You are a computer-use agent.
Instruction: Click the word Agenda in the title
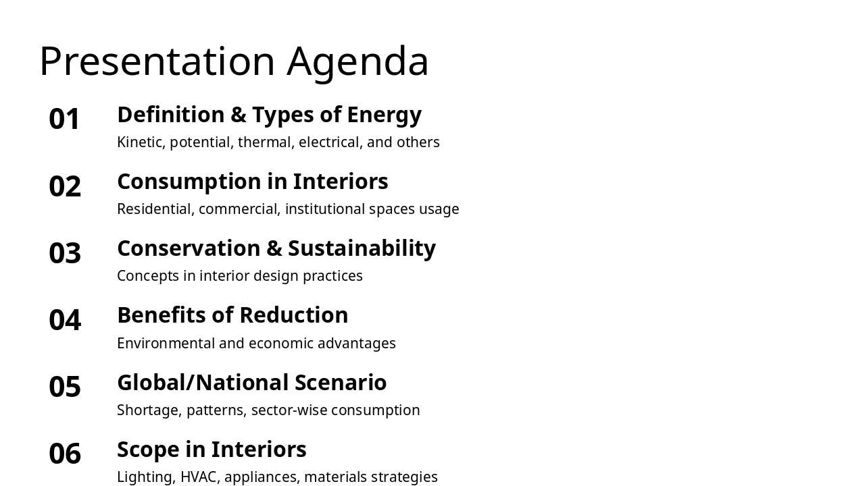(357, 61)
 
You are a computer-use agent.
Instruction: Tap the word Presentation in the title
(157, 61)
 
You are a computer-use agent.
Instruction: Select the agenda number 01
(65, 119)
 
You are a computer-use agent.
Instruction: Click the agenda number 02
(65, 186)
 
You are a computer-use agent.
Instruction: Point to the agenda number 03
(65, 253)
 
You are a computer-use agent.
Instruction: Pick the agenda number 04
(65, 320)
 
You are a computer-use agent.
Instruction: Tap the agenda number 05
(65, 387)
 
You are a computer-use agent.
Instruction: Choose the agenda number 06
(65, 454)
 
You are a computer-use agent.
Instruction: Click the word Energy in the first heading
(384, 115)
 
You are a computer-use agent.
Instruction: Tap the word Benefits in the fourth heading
(157, 315)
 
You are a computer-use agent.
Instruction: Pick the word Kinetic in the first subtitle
(141, 142)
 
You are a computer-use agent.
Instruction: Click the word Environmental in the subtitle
(166, 344)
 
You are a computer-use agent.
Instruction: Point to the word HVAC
(199, 477)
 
